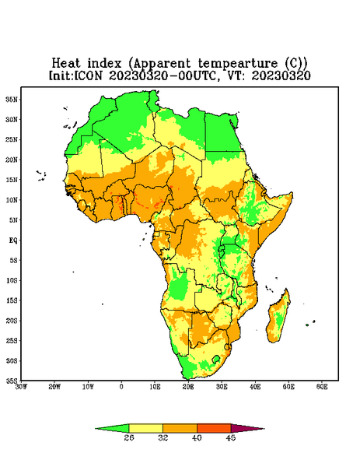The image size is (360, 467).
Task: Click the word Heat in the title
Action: pos(66,64)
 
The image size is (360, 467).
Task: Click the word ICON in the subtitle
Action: pos(87,75)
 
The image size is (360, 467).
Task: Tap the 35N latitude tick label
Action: pos(12,99)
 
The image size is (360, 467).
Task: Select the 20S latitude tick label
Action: pos(12,321)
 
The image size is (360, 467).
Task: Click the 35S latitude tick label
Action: pos(12,381)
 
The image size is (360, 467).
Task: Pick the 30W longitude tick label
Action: pos(22,387)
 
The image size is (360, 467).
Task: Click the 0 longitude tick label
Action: pos(121,387)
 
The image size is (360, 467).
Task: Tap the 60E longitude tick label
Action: pos(322,387)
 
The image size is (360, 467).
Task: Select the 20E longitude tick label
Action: pos(188,387)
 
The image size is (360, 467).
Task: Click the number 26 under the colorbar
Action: pos(129,437)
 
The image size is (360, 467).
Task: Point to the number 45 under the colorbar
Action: pos(231,437)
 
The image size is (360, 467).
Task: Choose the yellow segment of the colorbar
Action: pos(145,428)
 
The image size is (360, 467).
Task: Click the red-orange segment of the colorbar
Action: pos(214,428)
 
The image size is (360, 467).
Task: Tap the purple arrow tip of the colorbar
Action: pos(247,428)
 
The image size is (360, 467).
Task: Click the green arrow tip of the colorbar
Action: pos(112,428)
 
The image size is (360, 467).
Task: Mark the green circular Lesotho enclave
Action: pos(216,359)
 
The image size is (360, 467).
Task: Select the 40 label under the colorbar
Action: pos(197,437)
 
